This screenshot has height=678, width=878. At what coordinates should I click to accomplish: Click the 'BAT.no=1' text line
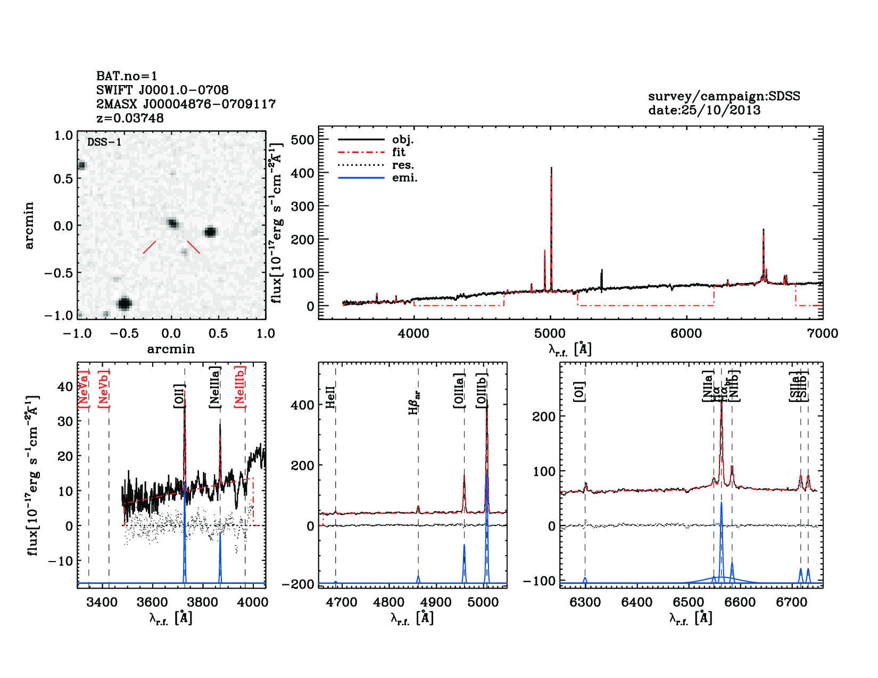click(x=127, y=76)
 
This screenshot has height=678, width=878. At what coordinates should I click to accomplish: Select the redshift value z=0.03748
click(x=130, y=118)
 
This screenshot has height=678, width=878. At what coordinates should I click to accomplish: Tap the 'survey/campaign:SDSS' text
click(x=724, y=96)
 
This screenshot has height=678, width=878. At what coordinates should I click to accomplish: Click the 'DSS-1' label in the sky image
click(x=104, y=142)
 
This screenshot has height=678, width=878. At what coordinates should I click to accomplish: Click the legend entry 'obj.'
click(x=403, y=139)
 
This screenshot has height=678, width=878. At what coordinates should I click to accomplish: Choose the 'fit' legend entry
click(x=399, y=152)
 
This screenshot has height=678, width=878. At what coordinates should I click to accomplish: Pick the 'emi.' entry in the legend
click(x=404, y=178)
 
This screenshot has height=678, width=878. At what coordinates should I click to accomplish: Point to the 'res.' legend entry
click(x=403, y=165)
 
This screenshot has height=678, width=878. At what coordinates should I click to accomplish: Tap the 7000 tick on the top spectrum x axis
click(x=823, y=333)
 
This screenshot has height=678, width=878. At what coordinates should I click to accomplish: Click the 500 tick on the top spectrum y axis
click(x=303, y=139)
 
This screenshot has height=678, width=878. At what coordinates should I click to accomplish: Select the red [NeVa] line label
click(x=84, y=389)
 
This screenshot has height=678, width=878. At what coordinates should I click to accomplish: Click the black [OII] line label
click(x=179, y=396)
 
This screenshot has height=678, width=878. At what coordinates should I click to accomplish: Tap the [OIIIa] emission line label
click(x=459, y=390)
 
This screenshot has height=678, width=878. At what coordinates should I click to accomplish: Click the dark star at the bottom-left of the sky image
click(x=125, y=304)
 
